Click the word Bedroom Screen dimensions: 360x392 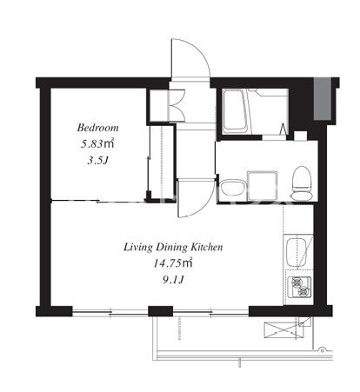98,128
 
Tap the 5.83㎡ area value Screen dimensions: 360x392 97,143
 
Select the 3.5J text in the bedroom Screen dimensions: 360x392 97,160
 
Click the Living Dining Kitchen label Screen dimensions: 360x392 173,247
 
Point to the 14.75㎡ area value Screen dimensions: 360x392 173,263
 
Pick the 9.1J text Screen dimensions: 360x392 173,280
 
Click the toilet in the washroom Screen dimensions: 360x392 302,183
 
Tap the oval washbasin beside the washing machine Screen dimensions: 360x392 232,188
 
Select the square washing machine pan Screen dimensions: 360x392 263,186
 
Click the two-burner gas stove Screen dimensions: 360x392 300,287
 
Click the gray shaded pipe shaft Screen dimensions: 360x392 323,99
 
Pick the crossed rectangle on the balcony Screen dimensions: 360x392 283,330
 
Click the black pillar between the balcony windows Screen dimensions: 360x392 161,311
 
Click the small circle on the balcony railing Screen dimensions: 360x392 322,349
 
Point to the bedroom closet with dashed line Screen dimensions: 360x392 162,163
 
